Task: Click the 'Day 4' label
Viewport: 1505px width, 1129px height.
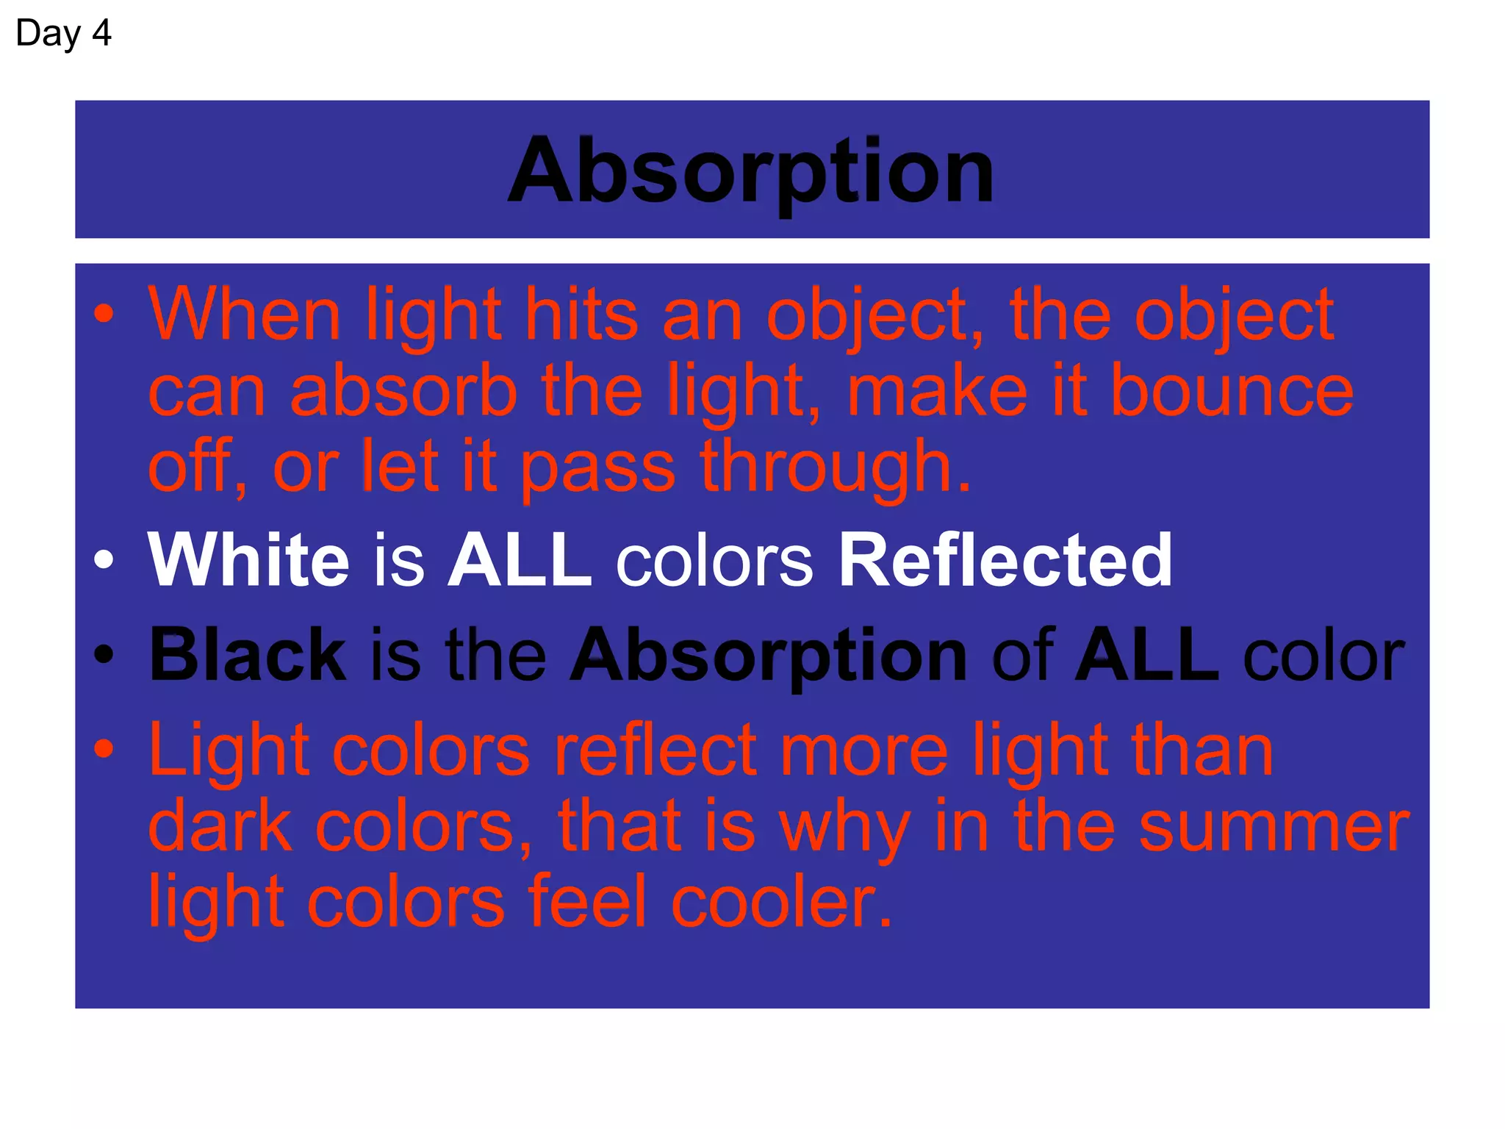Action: pos(63,34)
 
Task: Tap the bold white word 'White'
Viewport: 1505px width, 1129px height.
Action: pos(248,560)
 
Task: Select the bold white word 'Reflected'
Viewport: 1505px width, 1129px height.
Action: pos(1005,560)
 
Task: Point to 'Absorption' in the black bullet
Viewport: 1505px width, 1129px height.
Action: pos(769,656)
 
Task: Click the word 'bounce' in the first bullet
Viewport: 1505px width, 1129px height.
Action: pos(1232,391)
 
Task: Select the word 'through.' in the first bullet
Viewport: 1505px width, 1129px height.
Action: pos(836,467)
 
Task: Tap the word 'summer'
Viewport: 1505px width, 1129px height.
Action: pos(1274,828)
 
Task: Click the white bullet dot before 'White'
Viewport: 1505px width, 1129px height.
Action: pos(104,560)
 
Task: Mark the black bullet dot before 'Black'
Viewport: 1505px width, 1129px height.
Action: pos(104,654)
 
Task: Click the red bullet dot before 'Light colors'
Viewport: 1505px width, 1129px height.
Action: pos(104,750)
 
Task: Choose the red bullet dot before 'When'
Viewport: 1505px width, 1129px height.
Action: pos(104,315)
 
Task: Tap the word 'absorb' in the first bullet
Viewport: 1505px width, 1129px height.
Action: pos(404,391)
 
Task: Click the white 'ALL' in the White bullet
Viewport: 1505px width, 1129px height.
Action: pos(520,560)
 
